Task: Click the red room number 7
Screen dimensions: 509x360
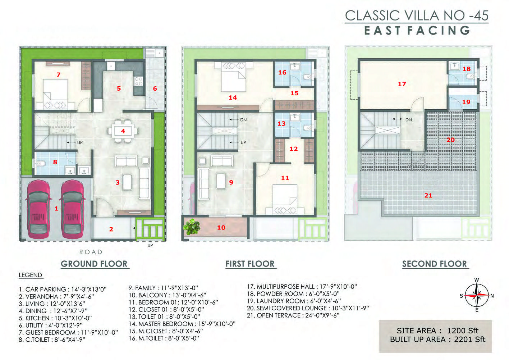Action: pos(58,74)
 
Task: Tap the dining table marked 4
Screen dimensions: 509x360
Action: pos(123,131)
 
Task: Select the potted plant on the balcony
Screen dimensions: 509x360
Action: pos(192,227)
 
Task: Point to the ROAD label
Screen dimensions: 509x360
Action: pos(91,252)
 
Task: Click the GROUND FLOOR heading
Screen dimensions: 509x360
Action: pos(94,264)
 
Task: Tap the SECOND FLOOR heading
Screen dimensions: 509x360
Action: pos(435,264)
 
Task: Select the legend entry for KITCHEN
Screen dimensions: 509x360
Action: pos(55,318)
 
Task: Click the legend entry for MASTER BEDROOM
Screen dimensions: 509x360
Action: pos(182,324)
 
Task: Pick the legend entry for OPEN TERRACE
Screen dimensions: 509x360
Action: pos(293,315)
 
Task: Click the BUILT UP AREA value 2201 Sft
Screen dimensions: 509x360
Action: pos(469,339)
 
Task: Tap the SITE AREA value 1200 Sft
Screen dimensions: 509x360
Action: pos(463,331)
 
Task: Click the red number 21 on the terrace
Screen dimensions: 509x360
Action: pos(428,195)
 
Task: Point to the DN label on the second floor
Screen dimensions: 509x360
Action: pos(408,120)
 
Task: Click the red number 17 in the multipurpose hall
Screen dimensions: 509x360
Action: pos(402,84)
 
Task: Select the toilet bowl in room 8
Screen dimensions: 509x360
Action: pos(41,163)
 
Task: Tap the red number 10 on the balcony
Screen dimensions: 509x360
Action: pos(221,228)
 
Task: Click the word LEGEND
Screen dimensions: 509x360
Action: pos(31,275)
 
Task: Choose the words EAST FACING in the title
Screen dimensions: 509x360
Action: pos(417,31)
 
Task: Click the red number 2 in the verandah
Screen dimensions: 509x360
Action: pos(111,229)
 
